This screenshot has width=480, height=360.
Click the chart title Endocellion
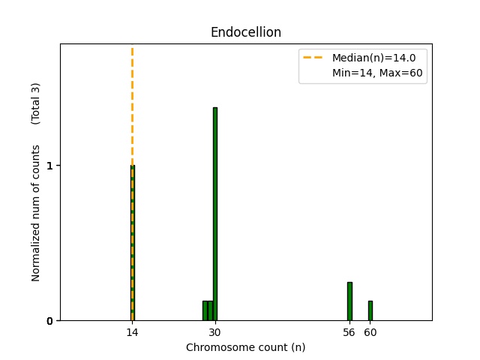[245, 32]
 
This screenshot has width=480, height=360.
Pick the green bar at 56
[349, 301]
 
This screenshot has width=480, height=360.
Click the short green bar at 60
[370, 310]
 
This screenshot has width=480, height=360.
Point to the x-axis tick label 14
[132, 332]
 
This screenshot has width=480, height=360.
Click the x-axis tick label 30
[214, 332]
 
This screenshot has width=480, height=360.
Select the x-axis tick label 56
[349, 332]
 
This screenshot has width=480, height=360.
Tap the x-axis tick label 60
[370, 332]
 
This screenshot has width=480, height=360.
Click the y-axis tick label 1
[49, 166]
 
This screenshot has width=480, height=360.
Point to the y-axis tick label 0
[49, 321]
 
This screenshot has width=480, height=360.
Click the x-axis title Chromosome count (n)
[245, 347]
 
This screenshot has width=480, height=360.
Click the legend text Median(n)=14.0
[368, 57]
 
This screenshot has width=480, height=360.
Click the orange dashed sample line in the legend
[314, 57]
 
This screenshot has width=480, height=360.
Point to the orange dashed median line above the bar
[132, 105]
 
